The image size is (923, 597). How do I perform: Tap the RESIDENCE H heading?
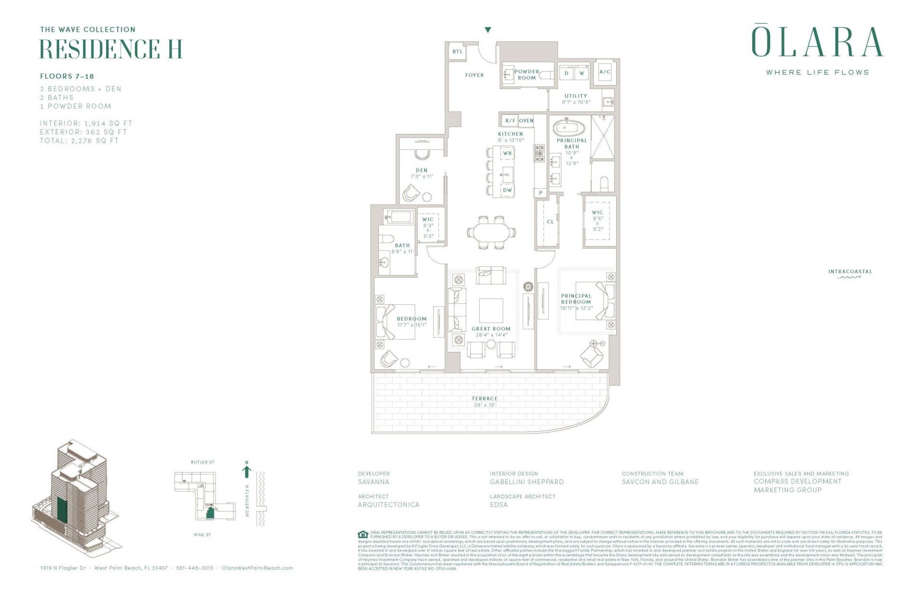pyautogui.click(x=111, y=49)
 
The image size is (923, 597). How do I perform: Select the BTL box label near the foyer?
pyautogui.click(x=457, y=52)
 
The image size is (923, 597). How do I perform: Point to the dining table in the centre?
pyautogui.click(x=492, y=233)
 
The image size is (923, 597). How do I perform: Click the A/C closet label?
pyautogui.click(x=605, y=72)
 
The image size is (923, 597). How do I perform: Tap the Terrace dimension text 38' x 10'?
pyautogui.click(x=485, y=405)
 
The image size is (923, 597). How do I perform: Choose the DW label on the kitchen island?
pyautogui.click(x=507, y=190)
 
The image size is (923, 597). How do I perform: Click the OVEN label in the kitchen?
pyautogui.click(x=526, y=121)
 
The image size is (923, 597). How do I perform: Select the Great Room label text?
pyautogui.click(x=491, y=329)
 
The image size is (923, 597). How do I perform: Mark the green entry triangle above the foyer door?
pyautogui.click(x=488, y=30)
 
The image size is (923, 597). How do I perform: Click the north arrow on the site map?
pyautogui.click(x=247, y=471)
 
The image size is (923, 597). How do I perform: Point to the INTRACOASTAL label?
pyautogui.click(x=849, y=272)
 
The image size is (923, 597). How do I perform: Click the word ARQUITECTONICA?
pyautogui.click(x=388, y=505)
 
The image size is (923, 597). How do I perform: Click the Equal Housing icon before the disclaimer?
pyautogui.click(x=363, y=534)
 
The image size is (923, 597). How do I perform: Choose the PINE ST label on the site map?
pyautogui.click(x=202, y=535)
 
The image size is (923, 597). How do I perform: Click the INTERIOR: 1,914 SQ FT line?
pyautogui.click(x=86, y=124)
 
